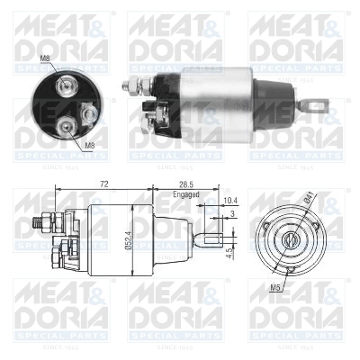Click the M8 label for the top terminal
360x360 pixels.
click(45, 59)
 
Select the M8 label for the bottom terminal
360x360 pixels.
click(90, 144)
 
